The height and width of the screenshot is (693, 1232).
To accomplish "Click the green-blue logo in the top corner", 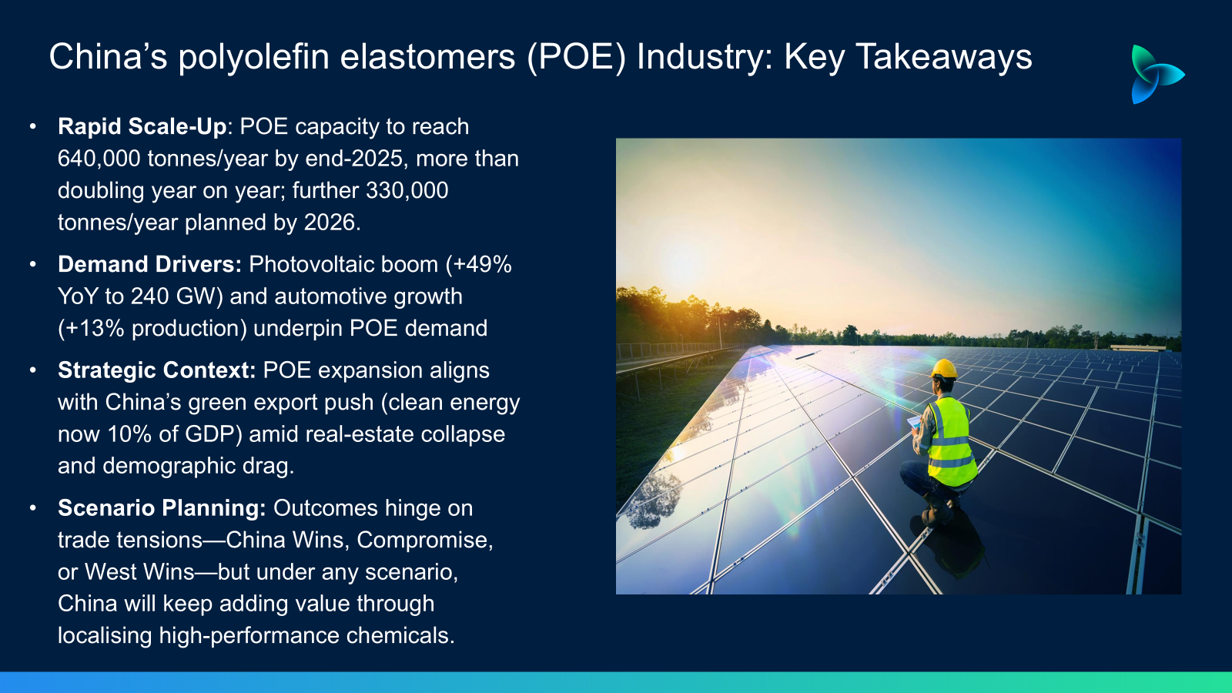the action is pos(1157,74).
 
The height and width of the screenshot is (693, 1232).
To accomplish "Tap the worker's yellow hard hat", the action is pos(944,369).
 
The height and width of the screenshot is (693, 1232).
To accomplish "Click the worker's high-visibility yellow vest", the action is pos(950,443).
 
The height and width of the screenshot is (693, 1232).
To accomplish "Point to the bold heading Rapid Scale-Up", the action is pos(142,126).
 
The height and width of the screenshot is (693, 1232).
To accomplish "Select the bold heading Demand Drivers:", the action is pos(149,265).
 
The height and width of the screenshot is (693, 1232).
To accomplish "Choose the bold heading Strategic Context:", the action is pos(157,370).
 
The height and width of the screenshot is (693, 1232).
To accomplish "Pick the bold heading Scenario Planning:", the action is pos(162,508).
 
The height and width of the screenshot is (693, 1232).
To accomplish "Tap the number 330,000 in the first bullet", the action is pos(407,191).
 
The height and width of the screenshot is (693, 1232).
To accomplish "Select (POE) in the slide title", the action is pos(577,57).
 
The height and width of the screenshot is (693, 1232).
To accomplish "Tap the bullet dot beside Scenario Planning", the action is pos(33,508).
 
